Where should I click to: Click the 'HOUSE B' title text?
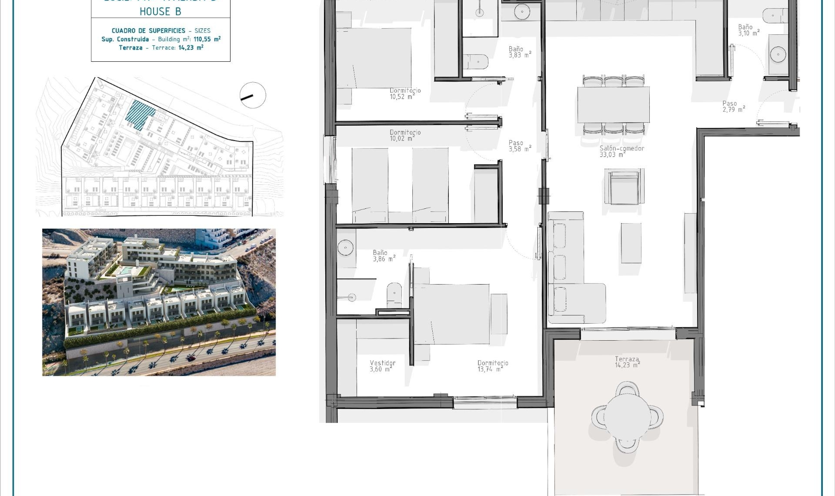point(160,12)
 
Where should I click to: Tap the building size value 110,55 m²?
point(207,39)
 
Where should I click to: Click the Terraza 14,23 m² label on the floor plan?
point(627,362)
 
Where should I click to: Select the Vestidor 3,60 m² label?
point(382,366)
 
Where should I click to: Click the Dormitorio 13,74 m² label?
point(492,366)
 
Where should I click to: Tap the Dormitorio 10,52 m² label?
point(404,94)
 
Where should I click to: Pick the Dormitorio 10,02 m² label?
point(404,135)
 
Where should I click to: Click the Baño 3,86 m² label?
point(383,256)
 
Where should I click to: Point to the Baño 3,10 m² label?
point(748,30)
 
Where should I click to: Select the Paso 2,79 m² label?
point(733,107)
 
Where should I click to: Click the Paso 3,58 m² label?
point(519,146)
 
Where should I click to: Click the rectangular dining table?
point(613,104)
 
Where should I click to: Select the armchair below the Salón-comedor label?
point(624,187)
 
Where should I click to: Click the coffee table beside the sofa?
point(631,243)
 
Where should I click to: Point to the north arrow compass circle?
point(253,95)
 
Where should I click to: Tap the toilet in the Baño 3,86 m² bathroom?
point(394,295)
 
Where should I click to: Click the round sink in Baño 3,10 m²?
point(778,55)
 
